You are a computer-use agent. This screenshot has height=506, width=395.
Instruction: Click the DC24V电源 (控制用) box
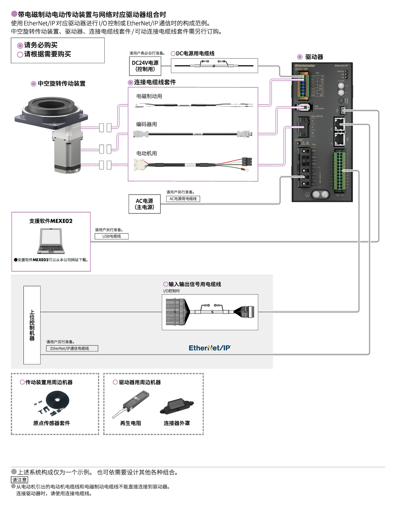coord(145,66)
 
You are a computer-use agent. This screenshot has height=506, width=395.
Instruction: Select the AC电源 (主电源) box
coord(145,204)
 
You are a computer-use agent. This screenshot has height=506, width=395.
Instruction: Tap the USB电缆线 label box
coord(111,236)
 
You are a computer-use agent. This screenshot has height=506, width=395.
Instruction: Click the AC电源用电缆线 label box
coord(183,199)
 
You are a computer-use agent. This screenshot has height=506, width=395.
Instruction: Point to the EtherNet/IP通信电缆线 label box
coord(72,348)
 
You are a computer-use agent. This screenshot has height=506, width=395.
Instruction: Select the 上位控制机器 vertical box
coord(32,325)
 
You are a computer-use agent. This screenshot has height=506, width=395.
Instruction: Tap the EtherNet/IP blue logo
coord(210,348)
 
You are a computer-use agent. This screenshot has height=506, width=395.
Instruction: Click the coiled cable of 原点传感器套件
coord(58,400)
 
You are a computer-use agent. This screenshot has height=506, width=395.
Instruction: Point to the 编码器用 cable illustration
coord(193,134)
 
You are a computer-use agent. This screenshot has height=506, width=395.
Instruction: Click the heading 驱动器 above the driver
coord(314,57)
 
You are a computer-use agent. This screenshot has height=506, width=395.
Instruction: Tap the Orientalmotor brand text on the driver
coord(305,65)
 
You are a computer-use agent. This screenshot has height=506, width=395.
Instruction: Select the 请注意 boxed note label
coord(19,480)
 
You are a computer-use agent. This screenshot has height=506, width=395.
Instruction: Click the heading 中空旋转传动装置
coord(61,84)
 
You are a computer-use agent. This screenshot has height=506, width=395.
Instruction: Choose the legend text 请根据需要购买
coord(47,54)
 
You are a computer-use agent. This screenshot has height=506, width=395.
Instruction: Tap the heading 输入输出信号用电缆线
coord(195,284)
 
